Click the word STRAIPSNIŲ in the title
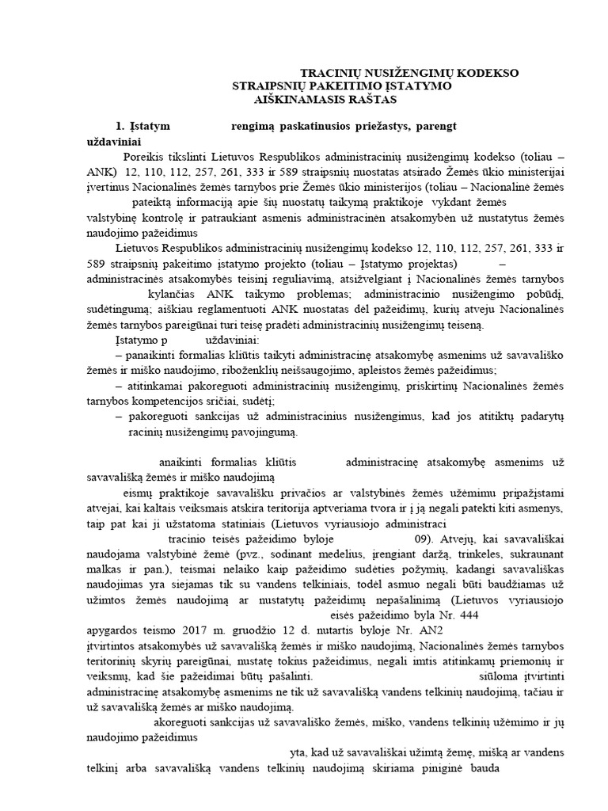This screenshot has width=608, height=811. tap(267, 86)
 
